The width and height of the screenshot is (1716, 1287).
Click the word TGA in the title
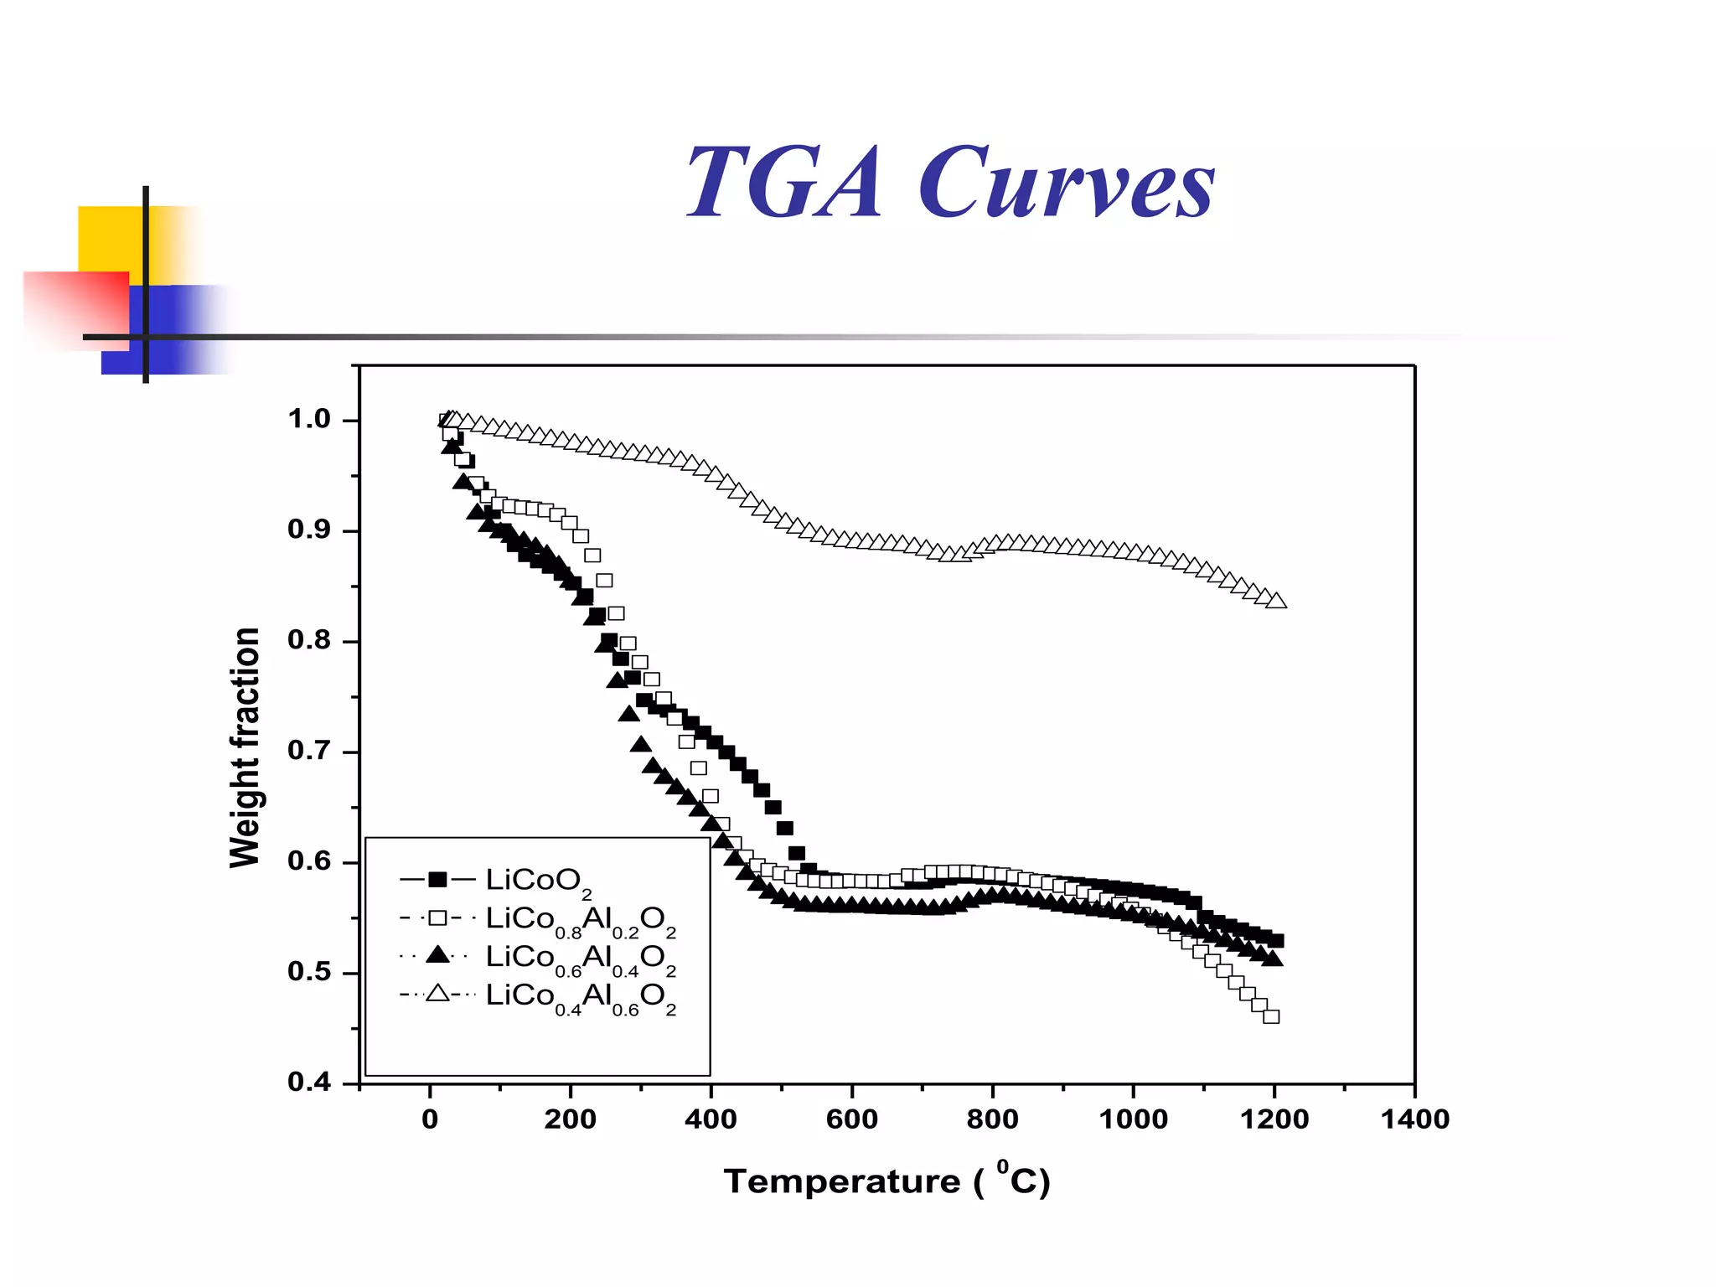(x=783, y=183)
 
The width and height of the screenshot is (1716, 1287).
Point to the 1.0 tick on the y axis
(x=309, y=419)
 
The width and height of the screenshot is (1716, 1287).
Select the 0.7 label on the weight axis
(x=309, y=750)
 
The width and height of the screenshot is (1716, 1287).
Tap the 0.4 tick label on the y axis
(x=309, y=1082)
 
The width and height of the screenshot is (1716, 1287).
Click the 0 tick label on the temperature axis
(x=430, y=1119)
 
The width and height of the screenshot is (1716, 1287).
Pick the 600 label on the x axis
(x=851, y=1119)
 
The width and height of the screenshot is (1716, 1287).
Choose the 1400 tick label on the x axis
(x=1414, y=1119)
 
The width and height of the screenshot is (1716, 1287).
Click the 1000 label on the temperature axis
(x=1133, y=1119)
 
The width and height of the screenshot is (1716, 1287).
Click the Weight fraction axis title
(x=245, y=747)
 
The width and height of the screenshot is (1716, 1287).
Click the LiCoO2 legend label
(x=538, y=881)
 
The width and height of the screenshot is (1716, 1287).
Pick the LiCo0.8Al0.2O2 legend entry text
(x=580, y=920)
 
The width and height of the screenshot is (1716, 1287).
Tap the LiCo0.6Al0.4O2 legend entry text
(x=580, y=959)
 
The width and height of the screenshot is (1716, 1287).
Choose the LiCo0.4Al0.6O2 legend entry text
(x=580, y=997)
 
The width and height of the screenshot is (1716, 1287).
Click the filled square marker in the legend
(x=437, y=879)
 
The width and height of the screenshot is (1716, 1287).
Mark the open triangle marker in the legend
(x=437, y=995)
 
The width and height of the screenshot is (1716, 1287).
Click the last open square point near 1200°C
(x=1271, y=1016)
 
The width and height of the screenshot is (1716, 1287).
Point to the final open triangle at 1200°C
(x=1277, y=601)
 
